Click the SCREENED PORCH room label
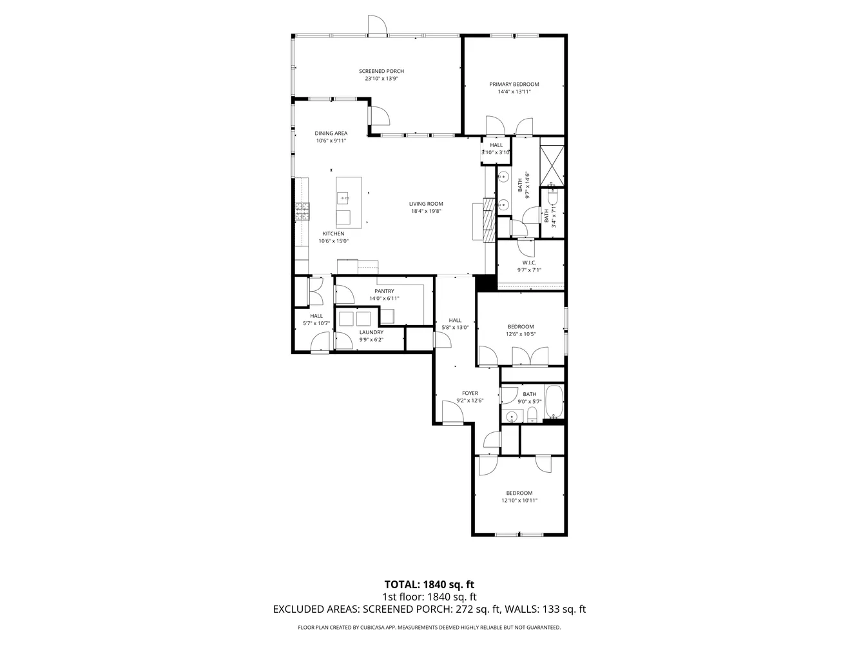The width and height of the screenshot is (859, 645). (381, 71)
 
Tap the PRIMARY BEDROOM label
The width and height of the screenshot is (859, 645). (514, 84)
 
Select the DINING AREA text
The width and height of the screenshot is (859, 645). (331, 134)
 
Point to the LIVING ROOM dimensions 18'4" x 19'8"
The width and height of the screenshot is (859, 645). (426, 211)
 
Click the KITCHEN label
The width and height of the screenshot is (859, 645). (333, 233)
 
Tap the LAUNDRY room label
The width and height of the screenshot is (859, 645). (371, 332)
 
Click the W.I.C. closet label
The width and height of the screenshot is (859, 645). (529, 263)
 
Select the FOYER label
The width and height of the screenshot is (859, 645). (470, 393)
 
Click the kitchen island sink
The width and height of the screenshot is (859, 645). (343, 196)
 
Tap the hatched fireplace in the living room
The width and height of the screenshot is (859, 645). (490, 213)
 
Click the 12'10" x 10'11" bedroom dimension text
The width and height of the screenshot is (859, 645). (519, 501)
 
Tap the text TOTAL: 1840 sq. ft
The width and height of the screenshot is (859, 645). (429, 585)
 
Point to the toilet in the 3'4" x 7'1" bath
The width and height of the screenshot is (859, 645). (552, 190)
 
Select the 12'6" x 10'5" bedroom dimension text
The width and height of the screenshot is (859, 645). (520, 334)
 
